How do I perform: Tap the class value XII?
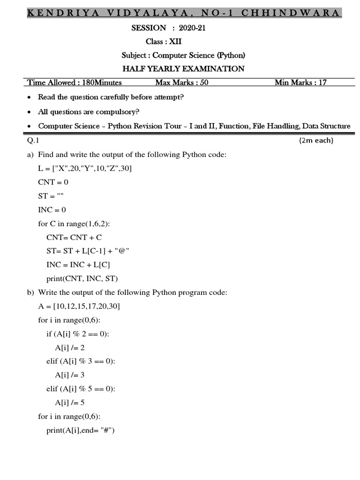click(175, 42)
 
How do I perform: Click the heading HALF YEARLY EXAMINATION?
click(183, 69)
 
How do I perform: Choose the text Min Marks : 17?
click(300, 83)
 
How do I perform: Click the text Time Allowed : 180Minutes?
click(75, 83)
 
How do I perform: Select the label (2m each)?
click(316, 141)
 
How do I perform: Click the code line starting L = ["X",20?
click(85, 168)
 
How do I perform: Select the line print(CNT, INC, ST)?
click(82, 278)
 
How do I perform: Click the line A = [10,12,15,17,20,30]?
click(79, 306)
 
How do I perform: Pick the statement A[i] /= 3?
click(69, 375)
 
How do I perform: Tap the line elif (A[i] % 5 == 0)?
click(80, 389)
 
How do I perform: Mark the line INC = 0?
click(52, 210)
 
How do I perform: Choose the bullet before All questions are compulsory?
click(30, 112)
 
